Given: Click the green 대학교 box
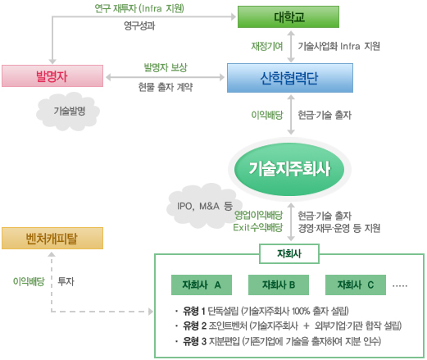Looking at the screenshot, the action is click(288, 17).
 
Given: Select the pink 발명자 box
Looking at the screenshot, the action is click(52, 75).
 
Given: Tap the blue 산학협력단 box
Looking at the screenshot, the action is click(290, 78).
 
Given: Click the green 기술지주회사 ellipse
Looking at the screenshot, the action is click(289, 169).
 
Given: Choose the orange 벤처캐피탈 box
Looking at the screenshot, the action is click(52, 238).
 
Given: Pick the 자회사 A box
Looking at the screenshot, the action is click(202, 285).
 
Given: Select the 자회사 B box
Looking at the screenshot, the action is click(279, 285).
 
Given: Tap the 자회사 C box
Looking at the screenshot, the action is click(356, 285).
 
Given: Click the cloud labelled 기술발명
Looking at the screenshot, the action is click(68, 112).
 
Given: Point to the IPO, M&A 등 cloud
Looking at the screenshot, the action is click(203, 206).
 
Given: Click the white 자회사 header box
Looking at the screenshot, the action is click(289, 253).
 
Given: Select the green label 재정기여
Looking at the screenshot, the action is click(267, 46).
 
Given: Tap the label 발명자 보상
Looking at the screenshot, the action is click(166, 67).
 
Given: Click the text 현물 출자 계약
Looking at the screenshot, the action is click(166, 87).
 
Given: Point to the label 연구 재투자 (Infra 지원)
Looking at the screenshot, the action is click(139, 8).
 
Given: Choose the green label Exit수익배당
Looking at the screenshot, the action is click(257, 227).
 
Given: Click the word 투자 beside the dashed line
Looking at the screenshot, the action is click(66, 281).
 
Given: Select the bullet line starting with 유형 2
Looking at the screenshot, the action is click(288, 326).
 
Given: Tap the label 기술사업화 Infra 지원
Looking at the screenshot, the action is click(338, 46).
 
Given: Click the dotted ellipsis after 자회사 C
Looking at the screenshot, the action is click(400, 286).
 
